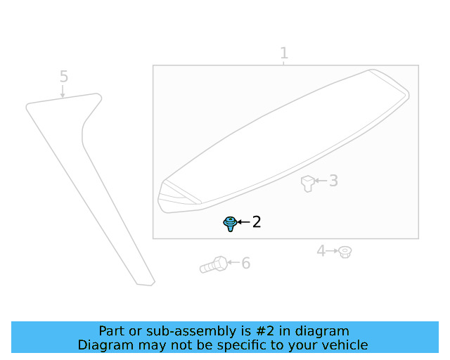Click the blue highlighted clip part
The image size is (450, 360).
[230, 224]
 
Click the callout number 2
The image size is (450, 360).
[257, 222]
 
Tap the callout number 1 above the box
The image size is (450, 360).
[284, 53]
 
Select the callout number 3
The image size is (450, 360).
[333, 181]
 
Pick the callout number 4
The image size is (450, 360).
[321, 250]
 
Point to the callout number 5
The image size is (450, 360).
[63, 76]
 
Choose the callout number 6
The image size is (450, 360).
[246, 264]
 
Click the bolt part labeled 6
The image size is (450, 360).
[213, 265]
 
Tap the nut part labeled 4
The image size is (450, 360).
[345, 251]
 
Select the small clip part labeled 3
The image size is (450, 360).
[308, 183]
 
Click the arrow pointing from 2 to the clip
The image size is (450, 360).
[243, 222]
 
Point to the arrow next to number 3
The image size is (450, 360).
[320, 181]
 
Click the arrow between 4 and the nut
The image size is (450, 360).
[333, 250]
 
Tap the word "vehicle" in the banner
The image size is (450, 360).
[344, 345]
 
